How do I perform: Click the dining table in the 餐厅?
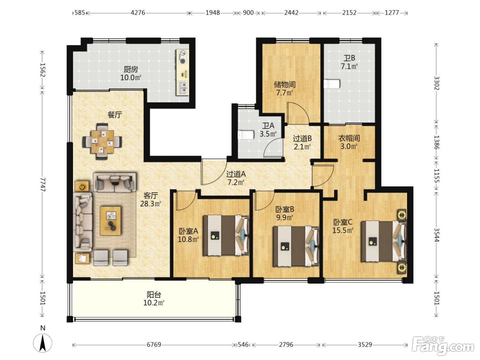102,141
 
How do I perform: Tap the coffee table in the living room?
110,221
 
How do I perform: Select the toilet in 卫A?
246,135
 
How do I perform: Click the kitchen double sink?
183,87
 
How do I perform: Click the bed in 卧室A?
226,235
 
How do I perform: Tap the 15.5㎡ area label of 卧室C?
343,230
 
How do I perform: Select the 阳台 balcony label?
154,295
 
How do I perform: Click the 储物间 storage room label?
285,85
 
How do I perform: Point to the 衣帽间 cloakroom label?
349,138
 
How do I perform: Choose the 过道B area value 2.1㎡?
302,147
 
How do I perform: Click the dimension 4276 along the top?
138,13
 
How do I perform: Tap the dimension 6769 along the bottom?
154,345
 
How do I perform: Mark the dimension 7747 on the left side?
43,184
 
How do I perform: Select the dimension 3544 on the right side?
436,235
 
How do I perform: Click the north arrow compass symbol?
43,343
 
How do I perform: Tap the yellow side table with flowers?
82,186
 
